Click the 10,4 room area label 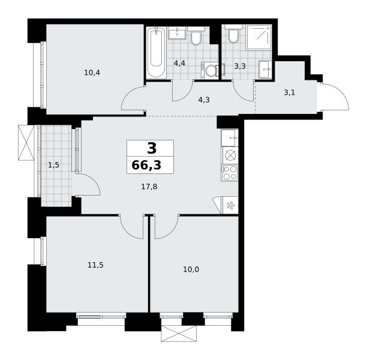click(92, 73)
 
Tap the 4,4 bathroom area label click(179, 63)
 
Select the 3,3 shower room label click(240, 66)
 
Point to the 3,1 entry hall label click(289, 92)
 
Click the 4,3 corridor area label click(204, 100)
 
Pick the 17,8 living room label click(149, 187)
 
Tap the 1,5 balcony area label click(53, 165)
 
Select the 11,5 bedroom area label click(95, 265)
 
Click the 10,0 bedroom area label click(191, 269)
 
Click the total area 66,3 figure click(146, 165)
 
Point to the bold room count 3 click(152, 148)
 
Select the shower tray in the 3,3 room click(258, 37)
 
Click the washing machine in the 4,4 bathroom click(210, 70)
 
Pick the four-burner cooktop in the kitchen click(230, 173)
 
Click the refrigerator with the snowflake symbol click(230, 205)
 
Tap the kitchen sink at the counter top click(230, 138)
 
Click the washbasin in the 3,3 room click(266, 69)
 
